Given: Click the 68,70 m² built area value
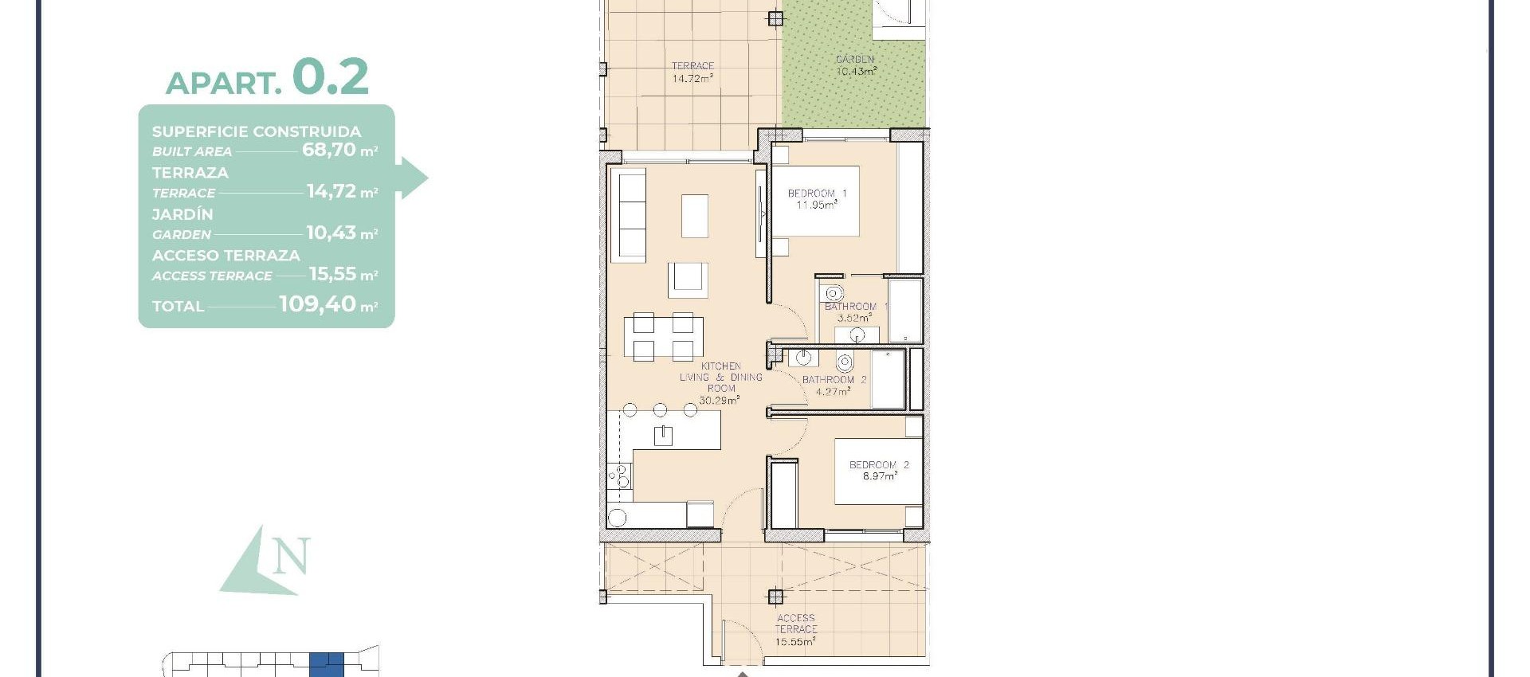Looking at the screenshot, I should point(339,150).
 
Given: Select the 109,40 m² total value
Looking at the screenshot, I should point(328,304).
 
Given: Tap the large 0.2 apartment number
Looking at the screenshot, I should point(330,77).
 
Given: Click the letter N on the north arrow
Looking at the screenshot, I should point(290,557).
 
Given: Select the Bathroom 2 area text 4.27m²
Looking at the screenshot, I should point(833,392).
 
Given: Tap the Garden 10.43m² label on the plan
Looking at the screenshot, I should point(856,65).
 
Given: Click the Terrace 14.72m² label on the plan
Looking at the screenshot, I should point(692,72).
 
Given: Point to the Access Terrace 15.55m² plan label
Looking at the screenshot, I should point(795,629).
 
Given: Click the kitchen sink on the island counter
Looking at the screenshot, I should point(663,435).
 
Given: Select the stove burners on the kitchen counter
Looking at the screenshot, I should point(620,477).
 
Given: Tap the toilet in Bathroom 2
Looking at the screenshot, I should point(845,363).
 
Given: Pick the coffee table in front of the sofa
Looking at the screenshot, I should point(694,216).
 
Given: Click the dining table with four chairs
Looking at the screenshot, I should point(664,337).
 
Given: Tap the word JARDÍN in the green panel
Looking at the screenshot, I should point(182,214).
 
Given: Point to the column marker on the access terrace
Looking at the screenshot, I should point(775,596).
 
